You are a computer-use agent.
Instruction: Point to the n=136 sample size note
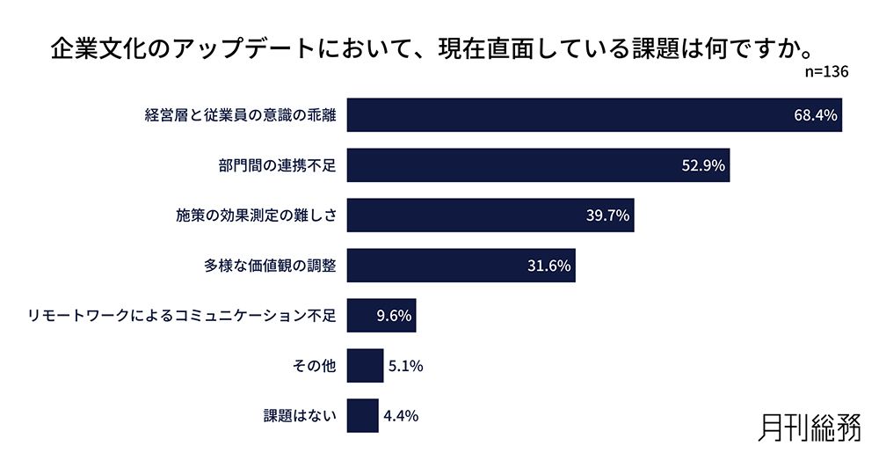click(826, 72)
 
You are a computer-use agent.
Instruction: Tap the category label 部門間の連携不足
click(278, 165)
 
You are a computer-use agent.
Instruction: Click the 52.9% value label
click(703, 165)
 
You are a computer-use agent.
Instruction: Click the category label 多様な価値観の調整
click(271, 266)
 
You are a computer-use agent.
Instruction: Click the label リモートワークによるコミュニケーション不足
click(182, 316)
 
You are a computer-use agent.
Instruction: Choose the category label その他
click(314, 366)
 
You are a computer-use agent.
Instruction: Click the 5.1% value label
click(405, 366)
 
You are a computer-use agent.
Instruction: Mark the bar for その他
click(365, 366)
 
